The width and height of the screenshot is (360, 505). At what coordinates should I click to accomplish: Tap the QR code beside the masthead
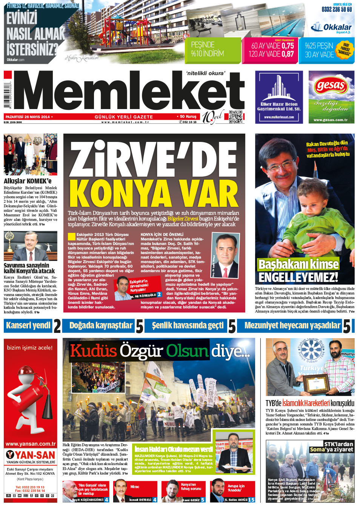point(235,117)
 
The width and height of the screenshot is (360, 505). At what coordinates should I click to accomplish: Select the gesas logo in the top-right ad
point(331,86)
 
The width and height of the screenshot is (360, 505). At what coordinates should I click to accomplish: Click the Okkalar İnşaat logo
point(331,28)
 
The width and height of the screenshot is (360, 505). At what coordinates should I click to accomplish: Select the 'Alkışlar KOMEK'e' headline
point(28,181)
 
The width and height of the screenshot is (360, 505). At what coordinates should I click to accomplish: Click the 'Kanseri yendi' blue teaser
point(28,325)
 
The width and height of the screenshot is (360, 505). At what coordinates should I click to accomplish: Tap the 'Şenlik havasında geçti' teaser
point(188,326)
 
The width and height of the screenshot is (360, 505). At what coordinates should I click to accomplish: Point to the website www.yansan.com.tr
point(31,444)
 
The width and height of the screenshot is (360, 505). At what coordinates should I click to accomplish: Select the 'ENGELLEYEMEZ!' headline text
point(298,277)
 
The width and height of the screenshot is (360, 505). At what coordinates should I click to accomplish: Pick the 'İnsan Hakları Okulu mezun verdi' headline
point(174,449)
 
